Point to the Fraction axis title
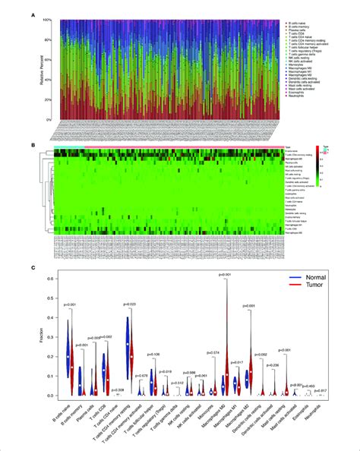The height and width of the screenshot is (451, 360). [x=48, y=336]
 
